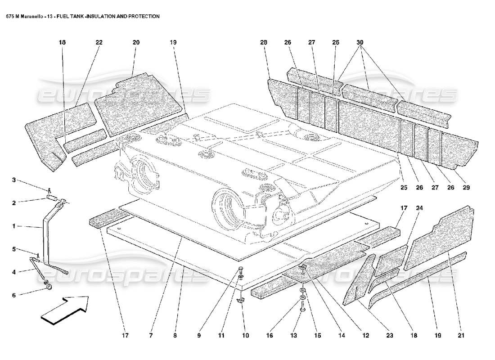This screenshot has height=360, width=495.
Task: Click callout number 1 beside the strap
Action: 14,226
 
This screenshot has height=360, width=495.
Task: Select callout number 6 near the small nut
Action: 14,296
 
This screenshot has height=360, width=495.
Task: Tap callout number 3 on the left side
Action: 14,180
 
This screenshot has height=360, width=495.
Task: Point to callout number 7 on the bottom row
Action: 151,335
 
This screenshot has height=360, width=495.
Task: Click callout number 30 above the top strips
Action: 360,42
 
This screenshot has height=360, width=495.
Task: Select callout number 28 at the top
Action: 263,42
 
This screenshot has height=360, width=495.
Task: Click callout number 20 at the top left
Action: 136,42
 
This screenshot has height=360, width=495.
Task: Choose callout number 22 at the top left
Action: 99,42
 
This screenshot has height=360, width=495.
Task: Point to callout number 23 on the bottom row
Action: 389,335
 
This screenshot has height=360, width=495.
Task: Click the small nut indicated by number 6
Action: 47,287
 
